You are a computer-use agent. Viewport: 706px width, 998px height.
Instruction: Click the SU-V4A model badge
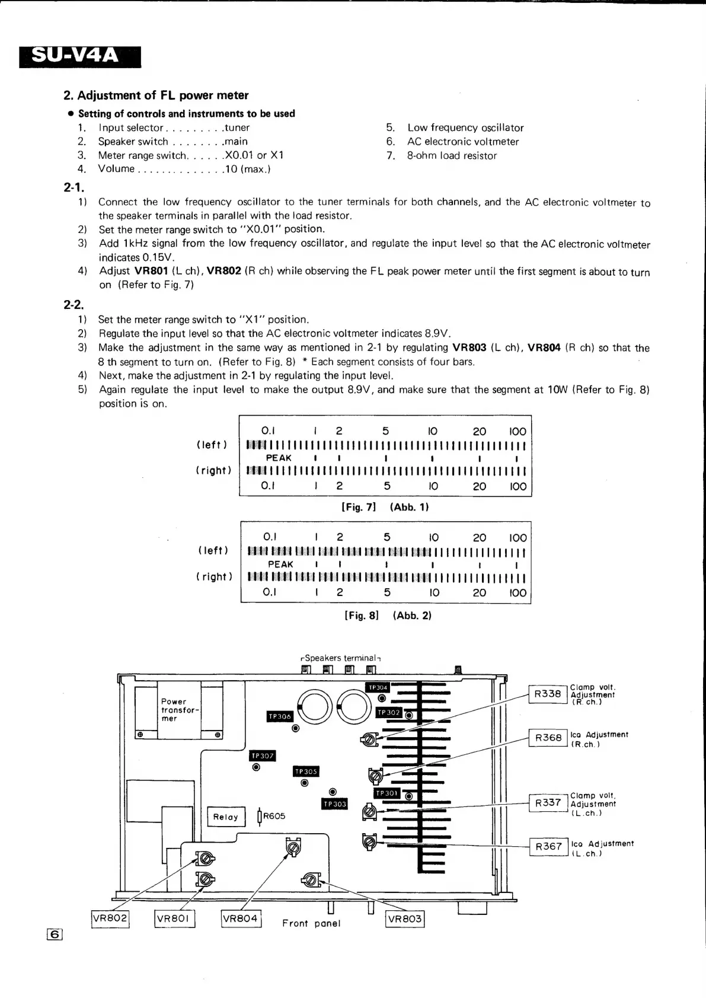click(80, 56)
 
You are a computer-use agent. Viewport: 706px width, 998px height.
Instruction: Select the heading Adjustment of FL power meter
click(156, 95)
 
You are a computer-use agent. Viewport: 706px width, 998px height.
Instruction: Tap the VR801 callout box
click(174, 919)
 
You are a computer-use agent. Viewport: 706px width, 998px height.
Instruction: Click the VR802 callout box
click(110, 918)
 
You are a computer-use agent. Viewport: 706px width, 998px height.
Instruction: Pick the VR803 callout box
click(405, 919)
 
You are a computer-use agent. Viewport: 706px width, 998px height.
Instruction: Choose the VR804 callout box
click(241, 919)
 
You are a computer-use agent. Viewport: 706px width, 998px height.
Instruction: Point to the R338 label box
click(548, 694)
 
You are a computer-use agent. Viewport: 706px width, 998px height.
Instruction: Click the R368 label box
click(548, 738)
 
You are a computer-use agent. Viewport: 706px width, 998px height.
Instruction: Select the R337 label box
click(548, 802)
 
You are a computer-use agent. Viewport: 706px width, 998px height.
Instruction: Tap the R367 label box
click(548, 846)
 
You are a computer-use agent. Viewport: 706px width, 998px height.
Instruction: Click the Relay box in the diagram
click(226, 817)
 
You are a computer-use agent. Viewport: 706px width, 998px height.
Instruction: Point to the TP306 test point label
click(280, 716)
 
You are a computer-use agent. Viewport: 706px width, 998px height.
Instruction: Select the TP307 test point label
click(262, 755)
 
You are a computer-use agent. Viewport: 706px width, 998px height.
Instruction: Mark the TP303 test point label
click(335, 804)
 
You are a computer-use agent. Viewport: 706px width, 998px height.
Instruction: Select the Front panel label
click(311, 923)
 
